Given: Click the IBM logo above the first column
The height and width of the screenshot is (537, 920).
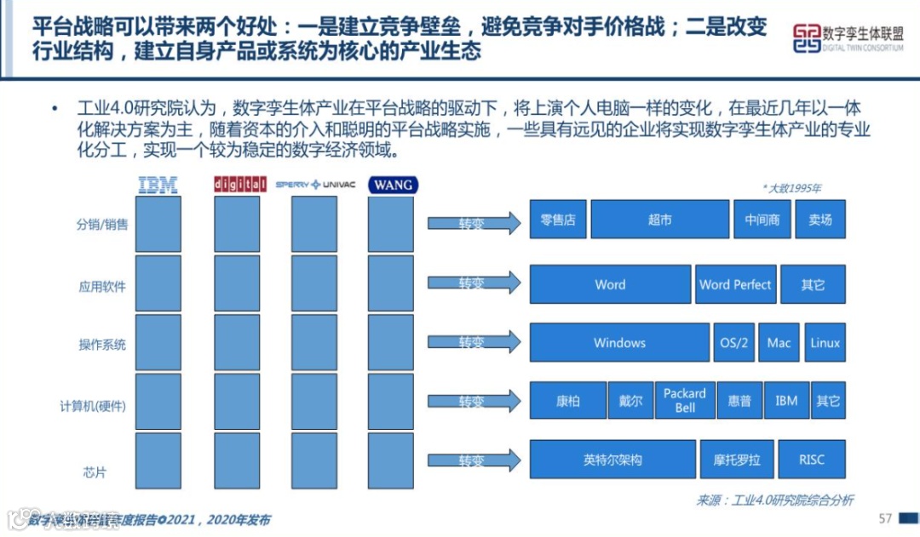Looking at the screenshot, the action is pos(158,184).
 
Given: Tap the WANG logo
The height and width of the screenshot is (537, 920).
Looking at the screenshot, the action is pos(393,185).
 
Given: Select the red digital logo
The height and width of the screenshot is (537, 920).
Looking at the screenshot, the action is pos(235,184).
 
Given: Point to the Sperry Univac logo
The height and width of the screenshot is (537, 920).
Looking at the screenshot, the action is pos(314,184).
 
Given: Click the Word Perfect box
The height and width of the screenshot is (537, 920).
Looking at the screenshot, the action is pos(735,285).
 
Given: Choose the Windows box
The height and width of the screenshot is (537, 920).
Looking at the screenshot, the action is pos(619,343).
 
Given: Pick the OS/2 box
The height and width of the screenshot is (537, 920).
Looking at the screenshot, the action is pos(733,343).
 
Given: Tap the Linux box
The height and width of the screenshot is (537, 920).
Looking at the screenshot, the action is pos(825,343).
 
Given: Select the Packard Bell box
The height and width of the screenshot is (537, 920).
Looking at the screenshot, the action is pos(685,401).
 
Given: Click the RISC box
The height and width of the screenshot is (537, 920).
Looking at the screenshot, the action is pos(812,460).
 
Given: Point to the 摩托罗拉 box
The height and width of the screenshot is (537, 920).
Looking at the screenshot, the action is pos(736,460).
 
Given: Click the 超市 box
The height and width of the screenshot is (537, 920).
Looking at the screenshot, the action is pos(659,220).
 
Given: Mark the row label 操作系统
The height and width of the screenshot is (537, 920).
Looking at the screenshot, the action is pos(102,345).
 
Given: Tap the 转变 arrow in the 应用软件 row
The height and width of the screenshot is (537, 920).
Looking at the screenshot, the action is pos(473,283).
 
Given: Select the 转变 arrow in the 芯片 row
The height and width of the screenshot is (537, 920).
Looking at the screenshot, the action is pos(473,460).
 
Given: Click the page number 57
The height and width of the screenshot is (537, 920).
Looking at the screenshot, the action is pos(885,518).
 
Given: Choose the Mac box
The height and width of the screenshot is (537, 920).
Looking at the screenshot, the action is pos(779,343).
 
